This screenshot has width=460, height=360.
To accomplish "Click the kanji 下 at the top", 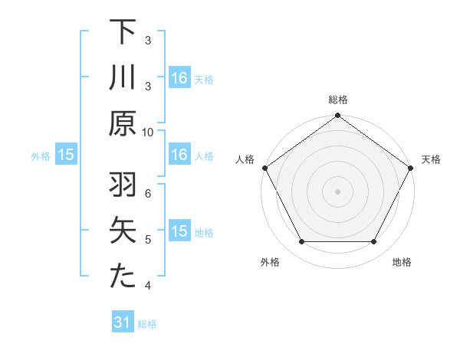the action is (123, 32).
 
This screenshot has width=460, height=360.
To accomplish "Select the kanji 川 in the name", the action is (123, 80).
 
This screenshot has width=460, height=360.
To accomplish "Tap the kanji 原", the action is (123, 124).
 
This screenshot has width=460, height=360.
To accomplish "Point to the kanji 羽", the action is (123, 186).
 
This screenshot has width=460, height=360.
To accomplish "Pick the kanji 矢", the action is (123, 232).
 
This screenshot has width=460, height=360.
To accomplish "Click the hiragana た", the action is (123, 277).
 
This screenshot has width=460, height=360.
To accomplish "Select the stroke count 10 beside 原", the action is (148, 132).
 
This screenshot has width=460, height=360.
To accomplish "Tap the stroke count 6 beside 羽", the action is (148, 194).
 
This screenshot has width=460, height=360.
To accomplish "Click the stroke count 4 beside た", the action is (148, 286).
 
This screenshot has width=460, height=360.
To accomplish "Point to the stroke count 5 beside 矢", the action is (148, 240).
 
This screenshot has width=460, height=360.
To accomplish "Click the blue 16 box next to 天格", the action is (179, 77).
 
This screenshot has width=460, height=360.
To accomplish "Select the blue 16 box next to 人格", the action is (179, 155).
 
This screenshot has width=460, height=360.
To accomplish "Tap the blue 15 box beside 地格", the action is (179, 231).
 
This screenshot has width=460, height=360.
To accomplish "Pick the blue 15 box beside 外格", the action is (66, 155).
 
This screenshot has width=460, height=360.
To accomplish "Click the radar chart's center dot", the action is (337, 191).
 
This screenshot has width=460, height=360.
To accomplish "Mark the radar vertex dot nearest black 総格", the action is (337, 116).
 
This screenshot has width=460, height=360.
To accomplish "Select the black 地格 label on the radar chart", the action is (402, 262).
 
